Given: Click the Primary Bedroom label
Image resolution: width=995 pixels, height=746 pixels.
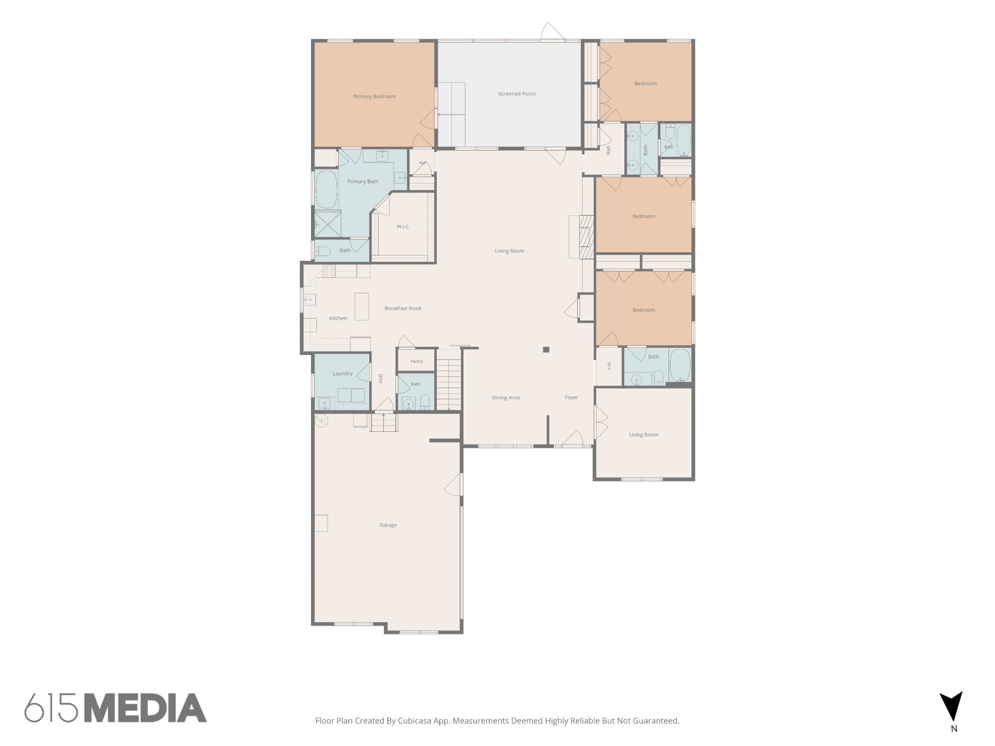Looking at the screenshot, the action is coord(374,97).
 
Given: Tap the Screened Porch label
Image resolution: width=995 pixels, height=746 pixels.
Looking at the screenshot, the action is coord(516,94).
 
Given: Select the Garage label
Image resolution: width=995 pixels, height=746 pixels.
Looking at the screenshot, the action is coord(388,525).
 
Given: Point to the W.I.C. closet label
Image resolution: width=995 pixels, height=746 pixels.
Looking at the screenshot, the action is coord(403,227).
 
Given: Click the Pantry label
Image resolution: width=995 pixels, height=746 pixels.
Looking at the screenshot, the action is coord(416,361).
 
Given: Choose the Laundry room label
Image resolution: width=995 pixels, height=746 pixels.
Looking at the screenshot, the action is coord(343,373).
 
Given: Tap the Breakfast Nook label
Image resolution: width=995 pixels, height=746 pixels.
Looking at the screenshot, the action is coord(403,308).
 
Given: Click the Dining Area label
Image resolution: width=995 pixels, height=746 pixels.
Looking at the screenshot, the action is coord(506,398).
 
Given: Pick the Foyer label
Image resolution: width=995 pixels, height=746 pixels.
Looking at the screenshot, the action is coord(571,397).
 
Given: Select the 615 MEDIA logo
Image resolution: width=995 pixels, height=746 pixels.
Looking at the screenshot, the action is coord(116,708).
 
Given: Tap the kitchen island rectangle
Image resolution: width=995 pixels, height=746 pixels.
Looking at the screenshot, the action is coord(361,306).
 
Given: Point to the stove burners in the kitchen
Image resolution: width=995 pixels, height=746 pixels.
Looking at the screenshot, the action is coord(329,271).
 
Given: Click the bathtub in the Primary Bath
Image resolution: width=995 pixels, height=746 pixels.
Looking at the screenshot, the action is coord(326,189).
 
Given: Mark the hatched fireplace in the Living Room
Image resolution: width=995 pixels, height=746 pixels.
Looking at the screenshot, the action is coord(587,237).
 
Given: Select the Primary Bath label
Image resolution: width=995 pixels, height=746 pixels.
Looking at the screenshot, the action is coord(362,182).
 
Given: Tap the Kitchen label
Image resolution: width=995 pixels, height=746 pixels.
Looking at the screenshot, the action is coord(338,319).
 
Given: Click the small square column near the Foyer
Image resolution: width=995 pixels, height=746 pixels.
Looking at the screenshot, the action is coord(546,350).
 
